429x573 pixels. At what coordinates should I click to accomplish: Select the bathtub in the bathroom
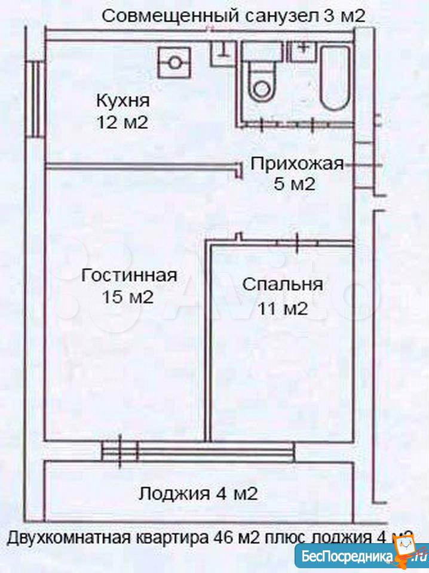[x=334, y=77]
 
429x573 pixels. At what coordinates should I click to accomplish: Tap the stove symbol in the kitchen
[x=174, y=62]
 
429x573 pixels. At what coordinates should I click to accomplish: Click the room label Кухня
[x=122, y=100]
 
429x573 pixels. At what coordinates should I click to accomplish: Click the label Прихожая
[x=297, y=163]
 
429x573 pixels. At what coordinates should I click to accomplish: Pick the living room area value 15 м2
[x=128, y=297]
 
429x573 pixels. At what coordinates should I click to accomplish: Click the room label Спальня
[x=283, y=284]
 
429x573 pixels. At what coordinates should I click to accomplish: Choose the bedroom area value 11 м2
[x=283, y=308]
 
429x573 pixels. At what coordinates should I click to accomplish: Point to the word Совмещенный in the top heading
[x=171, y=16]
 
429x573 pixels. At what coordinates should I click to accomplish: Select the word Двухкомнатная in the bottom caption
[x=69, y=537]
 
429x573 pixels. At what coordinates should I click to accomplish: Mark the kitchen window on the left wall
[x=36, y=96]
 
